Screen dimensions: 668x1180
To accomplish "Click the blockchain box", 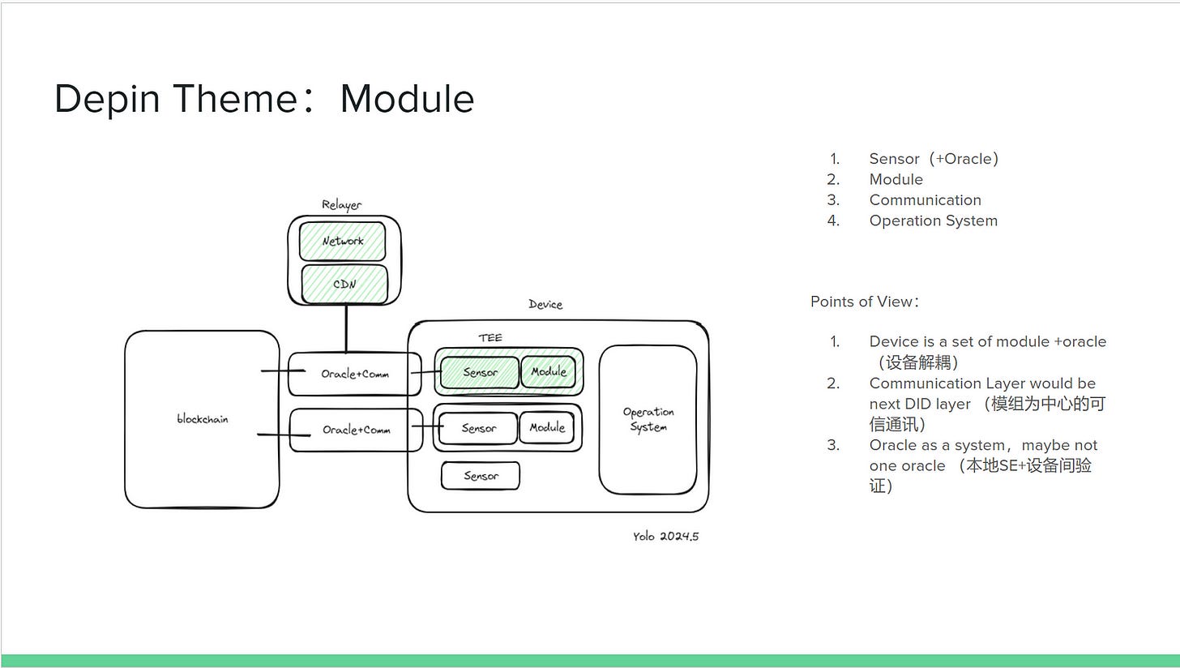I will point(202,419).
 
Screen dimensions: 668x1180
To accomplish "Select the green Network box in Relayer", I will point(343,242).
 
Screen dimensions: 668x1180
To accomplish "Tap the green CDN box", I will point(344,285).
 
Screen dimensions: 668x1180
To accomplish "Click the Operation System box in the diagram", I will point(648,419).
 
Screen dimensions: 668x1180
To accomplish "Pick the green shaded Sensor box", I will point(480,373).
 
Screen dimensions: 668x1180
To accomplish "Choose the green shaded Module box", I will point(549,372).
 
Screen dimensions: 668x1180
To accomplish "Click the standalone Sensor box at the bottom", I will point(481,476).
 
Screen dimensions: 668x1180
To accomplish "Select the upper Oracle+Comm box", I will point(355,374).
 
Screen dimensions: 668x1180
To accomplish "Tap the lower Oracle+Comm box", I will point(357,430).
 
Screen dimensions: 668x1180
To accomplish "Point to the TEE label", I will point(490,338).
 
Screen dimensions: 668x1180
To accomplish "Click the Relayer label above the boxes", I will point(341,205).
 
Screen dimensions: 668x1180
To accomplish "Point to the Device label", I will point(545,305).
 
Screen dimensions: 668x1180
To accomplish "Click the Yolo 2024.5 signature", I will point(665,537).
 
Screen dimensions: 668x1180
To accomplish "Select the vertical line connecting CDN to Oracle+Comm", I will point(346,328).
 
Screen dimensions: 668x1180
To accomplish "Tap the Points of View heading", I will point(864,302).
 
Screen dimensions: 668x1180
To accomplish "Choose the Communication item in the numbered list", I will point(925,200).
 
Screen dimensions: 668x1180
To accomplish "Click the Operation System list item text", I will point(933,221).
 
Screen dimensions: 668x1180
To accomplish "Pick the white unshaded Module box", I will point(547,427).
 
